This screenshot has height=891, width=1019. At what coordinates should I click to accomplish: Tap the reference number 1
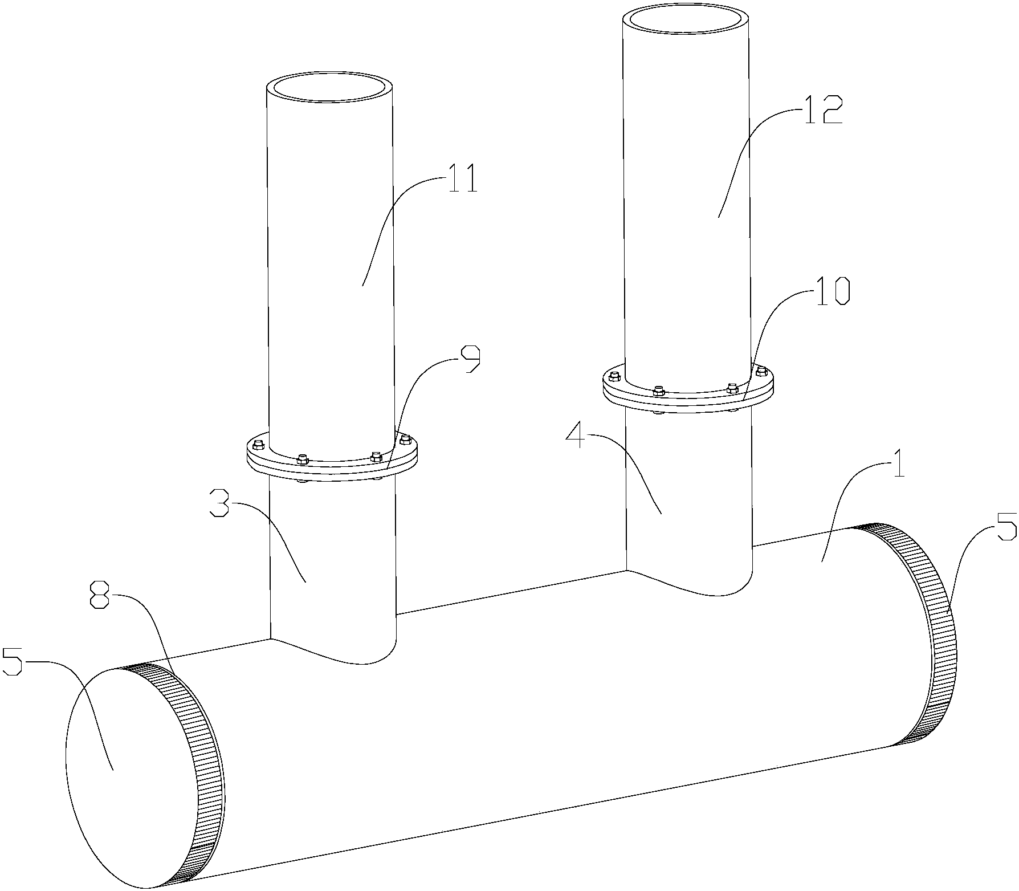(895, 466)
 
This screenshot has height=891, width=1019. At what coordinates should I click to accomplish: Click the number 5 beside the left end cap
(14, 663)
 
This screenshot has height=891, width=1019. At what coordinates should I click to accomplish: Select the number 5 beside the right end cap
(1005, 527)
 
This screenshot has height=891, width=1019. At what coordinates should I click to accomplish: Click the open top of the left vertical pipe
(329, 88)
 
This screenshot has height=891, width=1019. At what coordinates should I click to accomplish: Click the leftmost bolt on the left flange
(258, 444)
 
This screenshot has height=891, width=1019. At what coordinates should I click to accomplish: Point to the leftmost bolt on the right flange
(614, 376)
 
